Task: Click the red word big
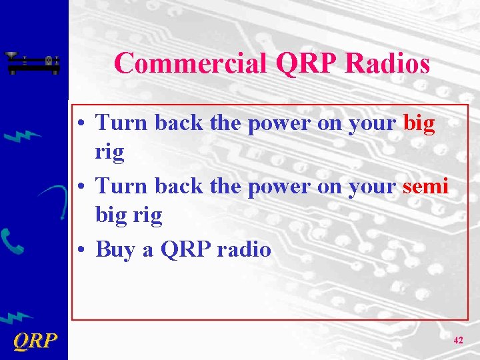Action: coord(419,123)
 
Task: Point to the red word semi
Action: coord(425,186)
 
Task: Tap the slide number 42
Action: coord(458,340)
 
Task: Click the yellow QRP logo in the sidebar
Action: coord(35,341)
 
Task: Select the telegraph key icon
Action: coord(33,63)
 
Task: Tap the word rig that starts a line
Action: coord(109,153)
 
